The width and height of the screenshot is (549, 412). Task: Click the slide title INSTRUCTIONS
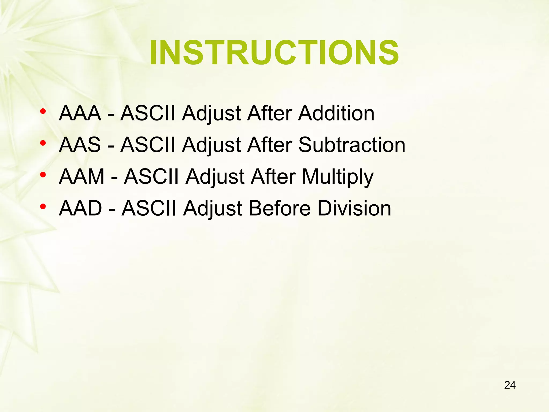click(x=274, y=53)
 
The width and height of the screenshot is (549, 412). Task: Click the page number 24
click(x=510, y=385)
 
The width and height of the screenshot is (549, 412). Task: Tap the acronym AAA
click(x=80, y=113)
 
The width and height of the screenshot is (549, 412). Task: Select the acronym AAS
click(x=80, y=145)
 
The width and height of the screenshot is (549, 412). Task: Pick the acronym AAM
click(x=81, y=176)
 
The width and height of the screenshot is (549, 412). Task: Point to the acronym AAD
click(x=80, y=208)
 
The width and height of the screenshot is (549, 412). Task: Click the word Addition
click(x=336, y=113)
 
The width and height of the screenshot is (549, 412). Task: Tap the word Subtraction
click(x=352, y=145)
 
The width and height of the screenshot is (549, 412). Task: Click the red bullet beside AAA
click(x=43, y=111)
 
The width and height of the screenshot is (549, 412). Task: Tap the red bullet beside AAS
click(x=43, y=143)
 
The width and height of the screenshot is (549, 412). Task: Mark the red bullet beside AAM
click(x=43, y=175)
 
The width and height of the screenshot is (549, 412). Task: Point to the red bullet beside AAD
click(x=43, y=207)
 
